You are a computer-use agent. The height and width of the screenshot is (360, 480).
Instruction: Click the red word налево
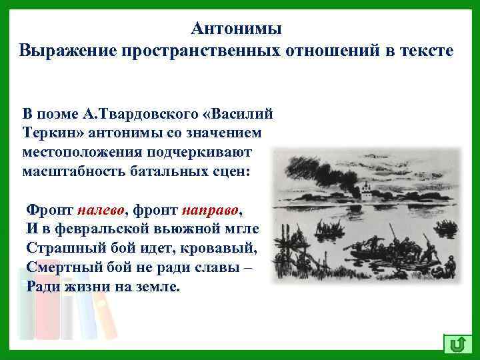click(x=101, y=211)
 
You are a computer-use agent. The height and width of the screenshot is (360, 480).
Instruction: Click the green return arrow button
click(x=457, y=344)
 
